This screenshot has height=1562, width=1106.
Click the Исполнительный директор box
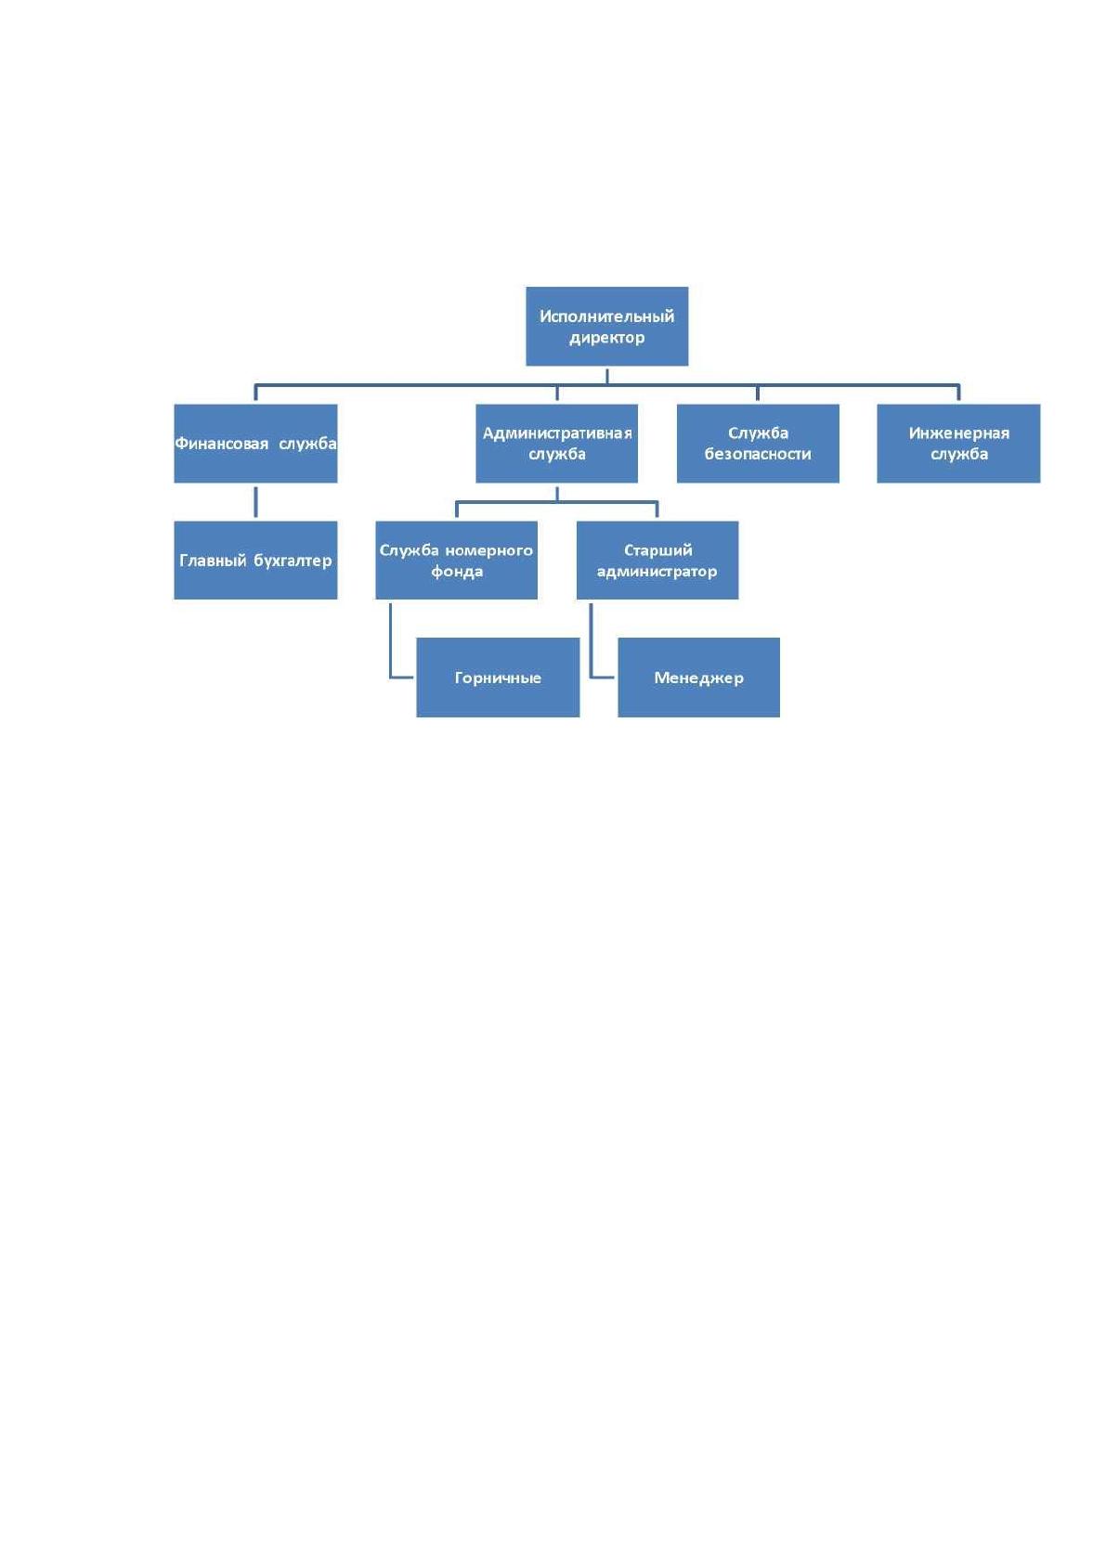[x=606, y=327]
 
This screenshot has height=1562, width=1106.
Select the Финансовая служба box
[x=255, y=444]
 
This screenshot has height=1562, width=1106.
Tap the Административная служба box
[x=556, y=444]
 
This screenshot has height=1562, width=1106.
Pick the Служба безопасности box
[x=758, y=444]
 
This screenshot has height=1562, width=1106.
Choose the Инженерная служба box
[x=958, y=444]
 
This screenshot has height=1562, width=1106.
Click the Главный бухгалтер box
[x=255, y=560]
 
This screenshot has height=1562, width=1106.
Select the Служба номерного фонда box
[x=456, y=560]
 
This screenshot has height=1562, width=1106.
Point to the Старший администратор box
[x=657, y=560]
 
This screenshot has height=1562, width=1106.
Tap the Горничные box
[x=498, y=678]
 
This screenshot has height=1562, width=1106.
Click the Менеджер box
[x=698, y=678]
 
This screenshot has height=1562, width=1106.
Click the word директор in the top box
[x=606, y=338]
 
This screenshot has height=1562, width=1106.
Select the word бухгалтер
[x=293, y=561]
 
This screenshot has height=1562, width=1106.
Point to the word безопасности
[x=758, y=454]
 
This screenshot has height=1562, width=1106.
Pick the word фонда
[x=456, y=572]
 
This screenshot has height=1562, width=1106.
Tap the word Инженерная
[x=958, y=433]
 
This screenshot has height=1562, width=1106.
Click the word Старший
[x=657, y=550]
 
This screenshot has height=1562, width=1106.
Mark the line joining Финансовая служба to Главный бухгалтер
[x=255, y=502]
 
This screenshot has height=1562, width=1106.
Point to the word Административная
[x=557, y=433]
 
